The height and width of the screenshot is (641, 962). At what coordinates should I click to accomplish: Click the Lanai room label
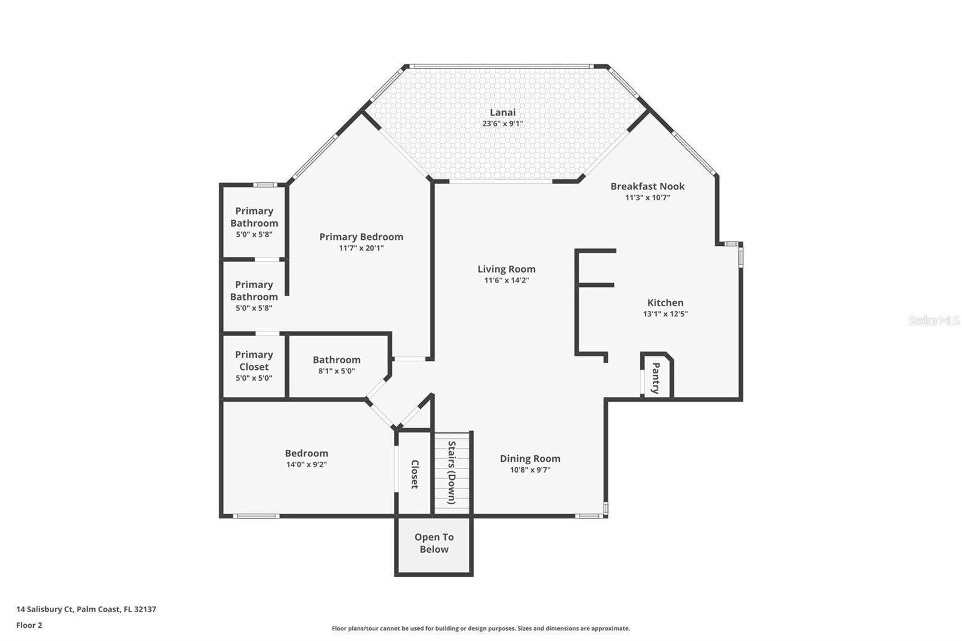503,112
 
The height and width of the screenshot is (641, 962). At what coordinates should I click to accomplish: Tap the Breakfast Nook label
648,186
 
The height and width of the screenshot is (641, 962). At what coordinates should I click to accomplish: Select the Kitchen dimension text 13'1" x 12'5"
665,314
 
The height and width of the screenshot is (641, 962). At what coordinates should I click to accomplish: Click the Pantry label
656,378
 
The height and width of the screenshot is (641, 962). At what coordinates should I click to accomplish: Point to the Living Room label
506,269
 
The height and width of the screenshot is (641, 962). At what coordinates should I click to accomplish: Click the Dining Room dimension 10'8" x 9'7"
530,470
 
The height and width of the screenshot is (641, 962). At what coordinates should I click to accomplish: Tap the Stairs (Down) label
452,473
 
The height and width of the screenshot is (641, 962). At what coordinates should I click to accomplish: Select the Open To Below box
434,544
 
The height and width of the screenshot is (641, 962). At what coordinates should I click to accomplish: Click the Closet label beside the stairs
415,474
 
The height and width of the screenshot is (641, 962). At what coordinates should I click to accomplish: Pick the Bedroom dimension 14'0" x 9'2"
307,465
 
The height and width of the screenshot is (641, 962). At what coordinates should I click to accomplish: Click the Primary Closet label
254,361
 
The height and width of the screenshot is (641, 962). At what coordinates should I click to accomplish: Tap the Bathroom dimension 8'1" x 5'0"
337,371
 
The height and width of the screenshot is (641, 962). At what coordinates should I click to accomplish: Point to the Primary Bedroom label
361,237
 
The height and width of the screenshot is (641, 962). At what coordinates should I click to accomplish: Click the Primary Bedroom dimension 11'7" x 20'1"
361,248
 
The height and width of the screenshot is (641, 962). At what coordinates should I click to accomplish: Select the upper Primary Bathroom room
254,221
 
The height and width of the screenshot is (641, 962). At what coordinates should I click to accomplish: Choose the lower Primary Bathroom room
254,295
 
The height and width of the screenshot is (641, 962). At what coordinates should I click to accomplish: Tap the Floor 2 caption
29,625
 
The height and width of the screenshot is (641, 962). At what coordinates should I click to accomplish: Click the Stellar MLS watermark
933,321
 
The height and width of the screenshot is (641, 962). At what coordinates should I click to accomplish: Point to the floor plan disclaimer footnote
480,628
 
